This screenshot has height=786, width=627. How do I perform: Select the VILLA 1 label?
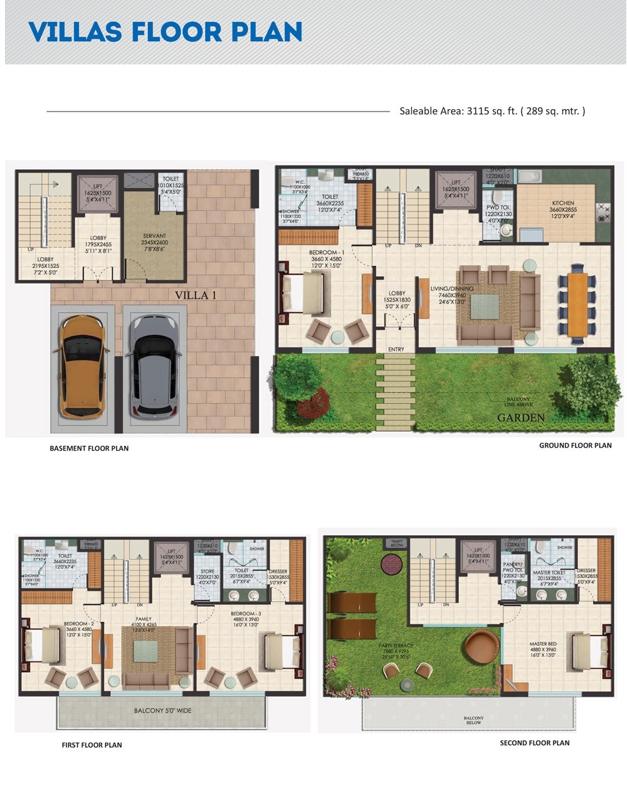click(x=195, y=295)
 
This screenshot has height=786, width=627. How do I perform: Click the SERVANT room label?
click(x=155, y=237)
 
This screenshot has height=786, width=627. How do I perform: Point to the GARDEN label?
click(x=520, y=417)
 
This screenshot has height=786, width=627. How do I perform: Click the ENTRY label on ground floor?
click(x=396, y=349)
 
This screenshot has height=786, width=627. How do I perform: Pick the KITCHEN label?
click(x=562, y=203)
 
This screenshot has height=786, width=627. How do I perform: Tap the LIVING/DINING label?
click(x=451, y=289)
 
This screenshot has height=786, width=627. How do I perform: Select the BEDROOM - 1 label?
click(x=327, y=253)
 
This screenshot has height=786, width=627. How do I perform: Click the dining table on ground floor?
click(x=578, y=303)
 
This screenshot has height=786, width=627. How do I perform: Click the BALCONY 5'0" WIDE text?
click(x=162, y=711)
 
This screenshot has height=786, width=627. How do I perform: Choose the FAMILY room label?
click(x=143, y=619)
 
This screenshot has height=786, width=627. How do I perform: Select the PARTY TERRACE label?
click(x=396, y=646)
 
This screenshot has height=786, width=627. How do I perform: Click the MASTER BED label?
click(x=543, y=644)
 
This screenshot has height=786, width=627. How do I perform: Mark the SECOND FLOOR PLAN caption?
click(x=534, y=743)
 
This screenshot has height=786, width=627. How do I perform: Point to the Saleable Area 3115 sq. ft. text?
click(x=492, y=111)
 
